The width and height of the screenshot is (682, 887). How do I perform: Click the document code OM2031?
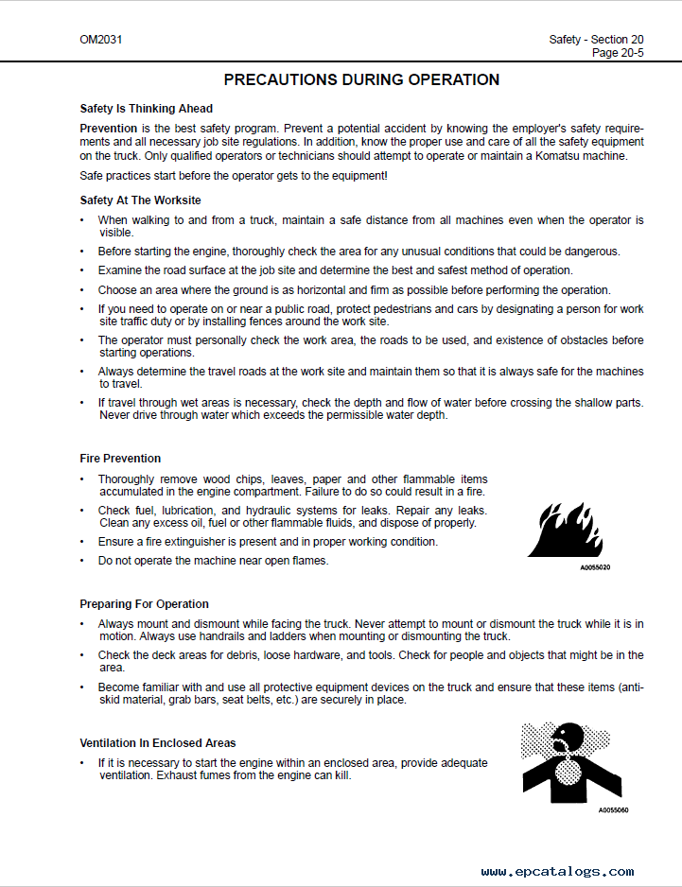coord(101,40)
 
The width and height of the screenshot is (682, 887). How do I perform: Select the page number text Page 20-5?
coord(618,53)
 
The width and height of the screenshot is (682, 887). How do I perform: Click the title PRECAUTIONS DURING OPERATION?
coord(361,80)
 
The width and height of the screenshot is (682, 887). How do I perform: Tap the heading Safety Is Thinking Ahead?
coord(146,109)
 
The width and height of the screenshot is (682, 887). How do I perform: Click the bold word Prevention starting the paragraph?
coord(109,128)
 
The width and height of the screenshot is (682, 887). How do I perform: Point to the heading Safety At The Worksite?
coord(140,200)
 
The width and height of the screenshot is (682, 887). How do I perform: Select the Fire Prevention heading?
coord(120,459)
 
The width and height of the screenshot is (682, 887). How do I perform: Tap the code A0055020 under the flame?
coord(595,568)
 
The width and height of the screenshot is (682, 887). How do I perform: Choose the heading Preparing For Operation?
coord(144,604)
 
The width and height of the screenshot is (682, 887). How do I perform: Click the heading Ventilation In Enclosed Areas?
coord(158,743)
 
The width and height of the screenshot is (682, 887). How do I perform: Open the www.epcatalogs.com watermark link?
coord(557,872)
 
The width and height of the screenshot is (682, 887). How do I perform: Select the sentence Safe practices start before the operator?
coord(233,177)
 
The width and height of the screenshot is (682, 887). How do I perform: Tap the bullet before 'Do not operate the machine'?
coord(82,561)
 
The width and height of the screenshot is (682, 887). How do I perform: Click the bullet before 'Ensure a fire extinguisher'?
coord(82,542)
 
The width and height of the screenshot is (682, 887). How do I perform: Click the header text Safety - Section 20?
coord(596,40)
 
